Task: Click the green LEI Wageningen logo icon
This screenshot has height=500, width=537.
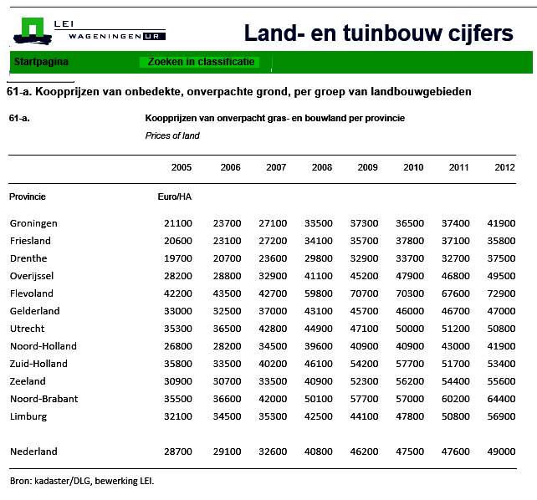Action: [33, 31]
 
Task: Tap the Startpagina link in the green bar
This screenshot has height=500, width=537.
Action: [41, 62]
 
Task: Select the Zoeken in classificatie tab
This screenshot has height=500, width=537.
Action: [201, 62]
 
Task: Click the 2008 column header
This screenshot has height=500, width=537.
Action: [321, 167]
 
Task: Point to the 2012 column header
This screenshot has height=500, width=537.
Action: [504, 167]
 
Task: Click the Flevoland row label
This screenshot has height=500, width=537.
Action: [32, 293]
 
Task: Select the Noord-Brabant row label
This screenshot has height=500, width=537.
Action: [43, 399]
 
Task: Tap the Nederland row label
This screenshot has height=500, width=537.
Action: [33, 452]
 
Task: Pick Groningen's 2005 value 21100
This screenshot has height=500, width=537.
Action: [177, 223]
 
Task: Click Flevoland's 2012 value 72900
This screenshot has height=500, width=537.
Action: [501, 293]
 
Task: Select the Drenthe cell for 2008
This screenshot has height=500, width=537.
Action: [318, 258]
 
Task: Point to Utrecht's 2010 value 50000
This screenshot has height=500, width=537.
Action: [410, 329]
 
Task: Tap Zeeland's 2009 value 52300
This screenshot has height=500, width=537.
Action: [364, 381]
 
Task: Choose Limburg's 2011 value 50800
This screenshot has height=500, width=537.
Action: [456, 416]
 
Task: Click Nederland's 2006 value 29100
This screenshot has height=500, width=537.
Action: [227, 452]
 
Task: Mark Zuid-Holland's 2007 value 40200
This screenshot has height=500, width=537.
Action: [273, 364]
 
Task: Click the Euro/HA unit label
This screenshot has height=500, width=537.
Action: [174, 196]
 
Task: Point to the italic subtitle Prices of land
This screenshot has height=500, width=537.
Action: [172, 135]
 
